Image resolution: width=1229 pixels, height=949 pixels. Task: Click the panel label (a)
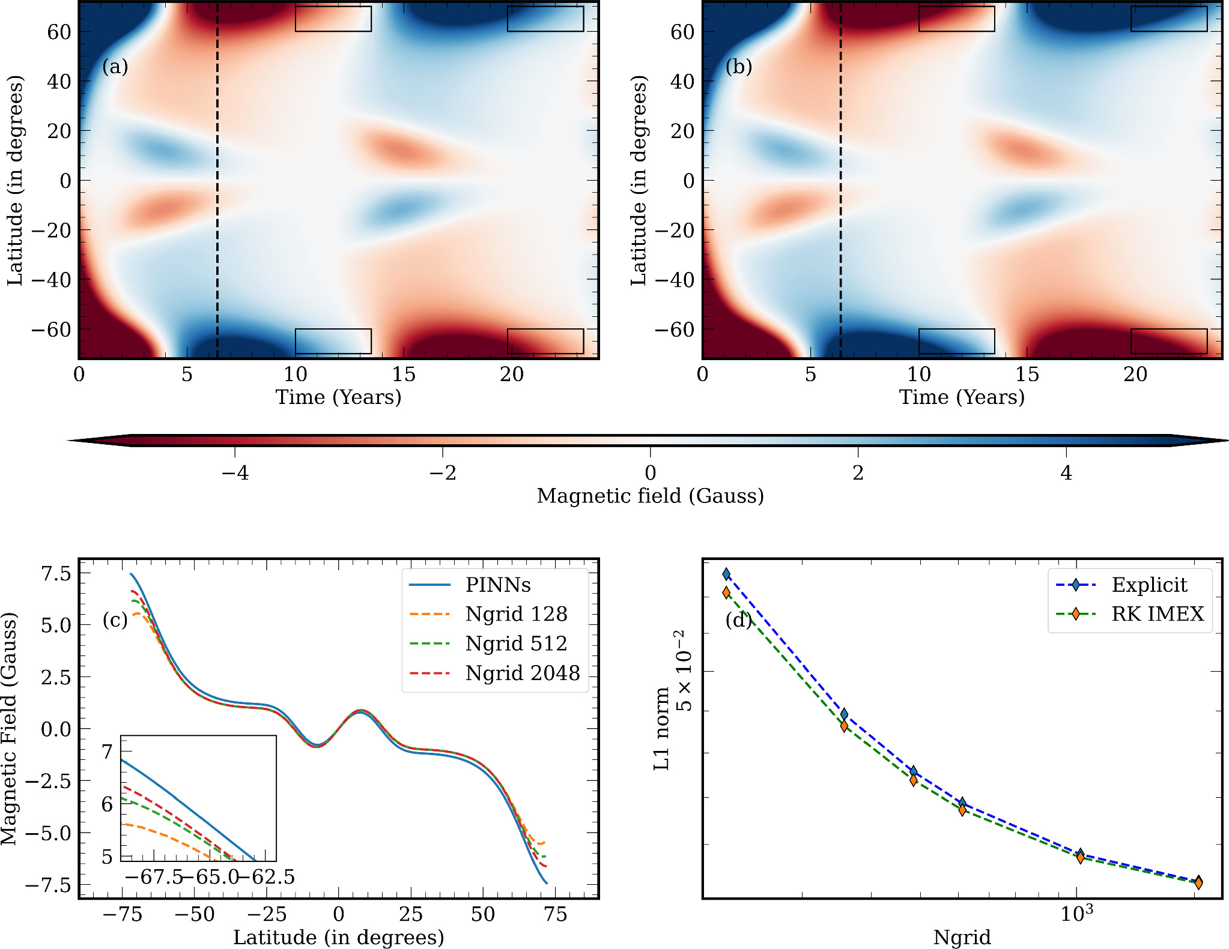[x=115, y=67]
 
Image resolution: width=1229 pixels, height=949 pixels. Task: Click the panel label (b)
[x=738, y=67]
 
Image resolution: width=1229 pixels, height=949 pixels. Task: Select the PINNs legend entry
[x=497, y=585]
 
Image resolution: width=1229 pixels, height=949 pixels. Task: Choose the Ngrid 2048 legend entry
[x=522, y=673]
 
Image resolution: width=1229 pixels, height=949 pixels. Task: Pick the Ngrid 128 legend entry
[x=516, y=614]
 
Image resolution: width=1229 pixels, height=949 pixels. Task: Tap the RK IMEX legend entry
[x=1158, y=614]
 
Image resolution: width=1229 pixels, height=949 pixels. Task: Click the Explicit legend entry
[x=1149, y=585]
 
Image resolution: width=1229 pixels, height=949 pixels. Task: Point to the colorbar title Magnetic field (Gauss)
[x=650, y=496]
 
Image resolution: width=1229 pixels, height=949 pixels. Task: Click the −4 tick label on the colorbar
[x=235, y=473]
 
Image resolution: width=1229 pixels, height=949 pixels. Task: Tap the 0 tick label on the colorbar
[x=650, y=473]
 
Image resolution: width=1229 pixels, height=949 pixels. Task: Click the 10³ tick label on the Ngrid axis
[x=1076, y=914]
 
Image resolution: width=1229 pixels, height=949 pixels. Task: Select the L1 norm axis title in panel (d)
[x=661, y=729]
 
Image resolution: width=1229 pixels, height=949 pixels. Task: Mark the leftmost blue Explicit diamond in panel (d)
[x=726, y=574]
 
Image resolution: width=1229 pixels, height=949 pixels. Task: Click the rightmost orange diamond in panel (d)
[x=1198, y=883]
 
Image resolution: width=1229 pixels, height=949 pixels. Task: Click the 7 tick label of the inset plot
[x=108, y=752]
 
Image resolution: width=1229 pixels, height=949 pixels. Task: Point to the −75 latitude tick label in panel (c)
[x=122, y=914]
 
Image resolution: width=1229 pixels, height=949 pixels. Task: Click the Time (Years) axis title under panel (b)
[x=962, y=397]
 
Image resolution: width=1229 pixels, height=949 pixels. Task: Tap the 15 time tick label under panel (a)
[x=404, y=375]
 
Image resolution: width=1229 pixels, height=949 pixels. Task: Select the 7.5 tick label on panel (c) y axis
[x=56, y=574]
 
